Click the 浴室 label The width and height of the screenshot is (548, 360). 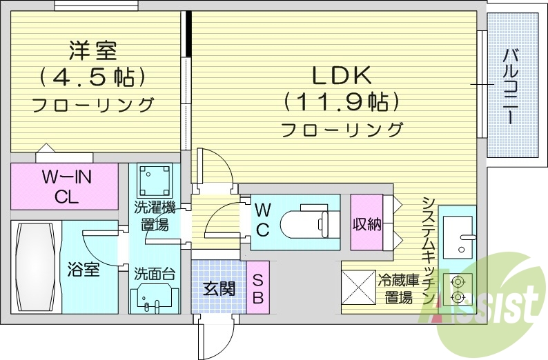(x=84, y=269)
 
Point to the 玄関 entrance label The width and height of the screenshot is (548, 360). (x=219, y=288)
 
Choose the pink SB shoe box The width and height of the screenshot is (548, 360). (x=257, y=288)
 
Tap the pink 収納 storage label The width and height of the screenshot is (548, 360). (x=366, y=223)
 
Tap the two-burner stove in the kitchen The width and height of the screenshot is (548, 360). (x=457, y=289)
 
